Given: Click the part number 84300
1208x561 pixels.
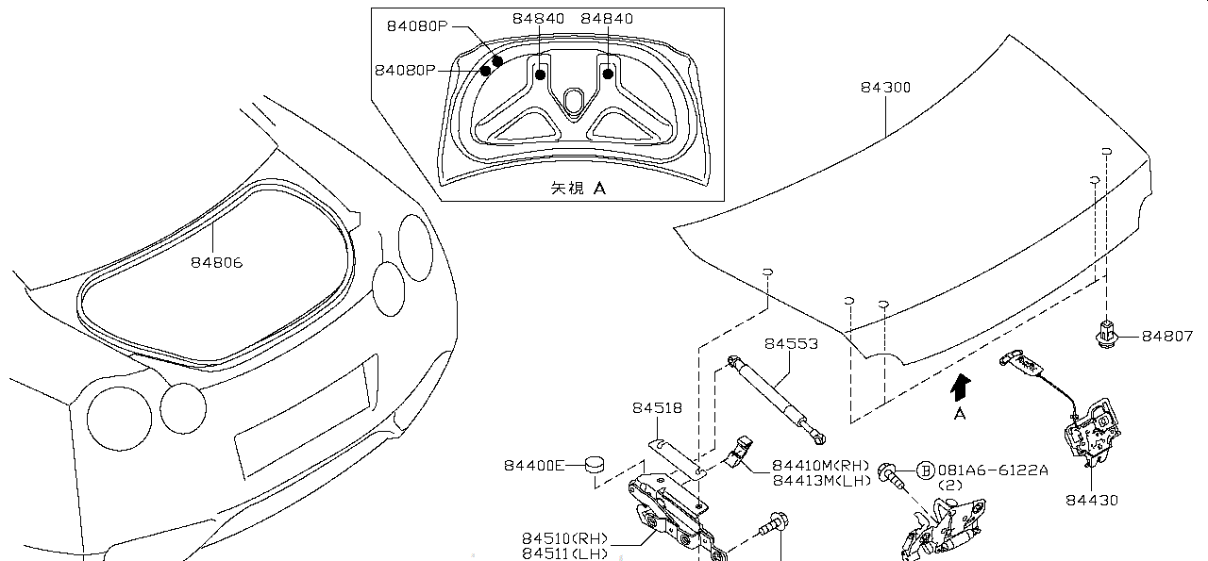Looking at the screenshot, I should coord(885,87).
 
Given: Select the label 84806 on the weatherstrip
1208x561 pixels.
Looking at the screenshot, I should coord(217,262).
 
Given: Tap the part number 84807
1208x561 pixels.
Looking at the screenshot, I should coord(1167,336).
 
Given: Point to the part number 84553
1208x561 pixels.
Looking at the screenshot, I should coord(791,344).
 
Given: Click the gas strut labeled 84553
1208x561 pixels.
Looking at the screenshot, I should coord(777,396).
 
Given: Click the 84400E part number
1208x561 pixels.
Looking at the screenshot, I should coord(533,465).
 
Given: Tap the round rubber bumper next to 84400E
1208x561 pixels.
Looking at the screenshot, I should coord(596,463).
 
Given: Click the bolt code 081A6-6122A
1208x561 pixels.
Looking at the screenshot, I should coord(992,470).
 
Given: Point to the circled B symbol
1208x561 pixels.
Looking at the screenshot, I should coord(925,470).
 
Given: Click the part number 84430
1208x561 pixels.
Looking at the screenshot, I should coord(1092,500).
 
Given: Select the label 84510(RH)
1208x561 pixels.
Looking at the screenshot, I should coord(565,538).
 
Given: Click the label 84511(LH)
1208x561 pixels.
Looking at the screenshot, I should coord(565,553).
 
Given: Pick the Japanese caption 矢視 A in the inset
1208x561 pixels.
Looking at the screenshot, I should coord(578,188).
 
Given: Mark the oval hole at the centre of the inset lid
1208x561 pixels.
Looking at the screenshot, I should coord(573,100).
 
